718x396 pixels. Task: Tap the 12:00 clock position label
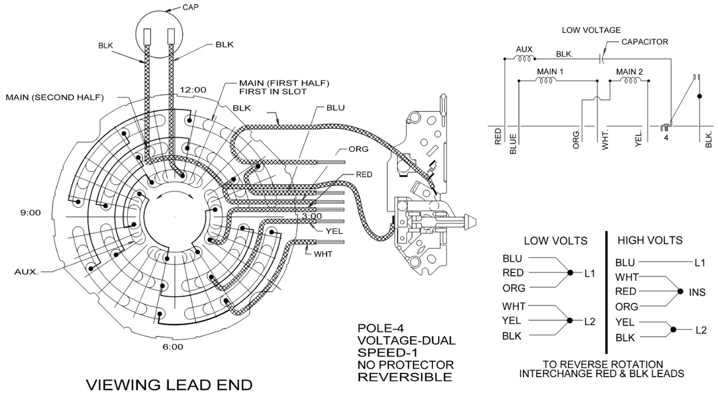(x=193, y=90)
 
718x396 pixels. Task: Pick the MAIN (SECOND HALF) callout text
(x=54, y=97)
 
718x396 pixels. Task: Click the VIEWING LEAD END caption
(x=169, y=385)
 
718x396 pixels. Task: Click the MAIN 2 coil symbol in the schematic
(x=629, y=82)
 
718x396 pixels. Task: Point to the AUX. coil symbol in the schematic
(x=523, y=59)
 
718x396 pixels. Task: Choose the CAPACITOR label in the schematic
(x=645, y=42)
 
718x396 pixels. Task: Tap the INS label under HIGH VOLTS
(x=698, y=292)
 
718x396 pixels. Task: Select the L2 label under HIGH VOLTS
(x=701, y=330)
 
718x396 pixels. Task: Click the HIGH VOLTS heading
(x=649, y=241)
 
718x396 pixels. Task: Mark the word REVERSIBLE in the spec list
(x=405, y=376)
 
